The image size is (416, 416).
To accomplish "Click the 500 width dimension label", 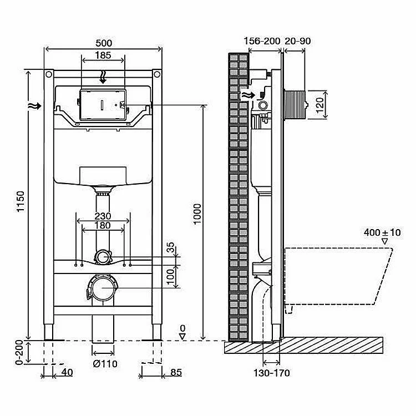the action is [x=104, y=43].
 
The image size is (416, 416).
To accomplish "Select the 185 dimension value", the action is [x=103, y=55].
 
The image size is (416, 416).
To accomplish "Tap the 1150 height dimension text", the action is [x=21, y=201].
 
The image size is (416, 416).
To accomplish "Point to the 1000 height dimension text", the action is [x=197, y=214].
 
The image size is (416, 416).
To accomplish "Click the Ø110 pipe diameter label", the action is [x=105, y=363].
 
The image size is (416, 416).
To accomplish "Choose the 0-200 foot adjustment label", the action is [x=19, y=353].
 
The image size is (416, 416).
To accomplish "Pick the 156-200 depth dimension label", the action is [x=262, y=41].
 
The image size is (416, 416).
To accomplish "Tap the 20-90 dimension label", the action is [x=298, y=41].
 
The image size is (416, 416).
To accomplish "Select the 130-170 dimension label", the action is [x=272, y=373].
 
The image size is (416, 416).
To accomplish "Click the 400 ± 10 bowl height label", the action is [x=382, y=232].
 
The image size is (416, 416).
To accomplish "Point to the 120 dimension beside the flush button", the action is [x=320, y=105].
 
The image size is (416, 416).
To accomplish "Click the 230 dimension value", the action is [x=103, y=216].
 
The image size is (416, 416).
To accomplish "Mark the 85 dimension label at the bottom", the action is [x=176, y=373].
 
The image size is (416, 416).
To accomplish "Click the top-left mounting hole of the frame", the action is [x=49, y=74].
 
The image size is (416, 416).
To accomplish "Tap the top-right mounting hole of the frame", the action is [x=157, y=74].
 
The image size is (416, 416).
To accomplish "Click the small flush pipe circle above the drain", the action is [x=102, y=257].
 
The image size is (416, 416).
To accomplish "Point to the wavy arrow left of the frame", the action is [x=34, y=106].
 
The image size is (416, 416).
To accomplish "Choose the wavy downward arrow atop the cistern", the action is [x=103, y=77].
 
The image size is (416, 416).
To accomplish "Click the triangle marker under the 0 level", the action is [x=182, y=337].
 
